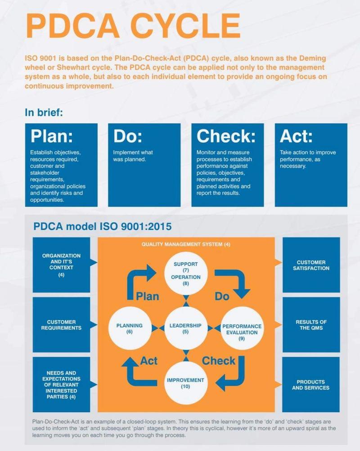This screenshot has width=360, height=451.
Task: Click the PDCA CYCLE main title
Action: [133, 26]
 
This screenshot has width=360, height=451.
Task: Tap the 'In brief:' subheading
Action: [44, 112]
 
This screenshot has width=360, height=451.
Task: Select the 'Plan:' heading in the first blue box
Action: [52, 136]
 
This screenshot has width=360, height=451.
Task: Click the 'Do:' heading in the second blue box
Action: [128, 136]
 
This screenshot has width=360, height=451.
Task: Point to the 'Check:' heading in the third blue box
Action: [226, 136]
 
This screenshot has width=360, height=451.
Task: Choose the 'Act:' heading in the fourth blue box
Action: [296, 136]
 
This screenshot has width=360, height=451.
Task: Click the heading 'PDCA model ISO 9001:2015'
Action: [102, 226]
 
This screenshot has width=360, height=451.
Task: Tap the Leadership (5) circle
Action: [186, 328]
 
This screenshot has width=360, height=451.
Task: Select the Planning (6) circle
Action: [130, 328]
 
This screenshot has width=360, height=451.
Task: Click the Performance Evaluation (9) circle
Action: [242, 328]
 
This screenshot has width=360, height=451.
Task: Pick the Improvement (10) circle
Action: [186, 383]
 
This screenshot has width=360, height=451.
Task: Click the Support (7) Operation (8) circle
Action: [186, 273]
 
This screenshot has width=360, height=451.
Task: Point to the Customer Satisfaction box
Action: [311, 265]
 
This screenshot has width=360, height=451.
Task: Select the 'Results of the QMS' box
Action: [311, 325]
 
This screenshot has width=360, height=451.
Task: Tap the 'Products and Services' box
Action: [311, 384]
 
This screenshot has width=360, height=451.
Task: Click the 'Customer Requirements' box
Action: [61, 325]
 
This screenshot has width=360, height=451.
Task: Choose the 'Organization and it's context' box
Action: [61, 265]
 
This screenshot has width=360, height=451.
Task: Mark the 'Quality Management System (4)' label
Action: [186, 244]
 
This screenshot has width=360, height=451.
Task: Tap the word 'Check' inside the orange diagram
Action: [219, 361]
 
